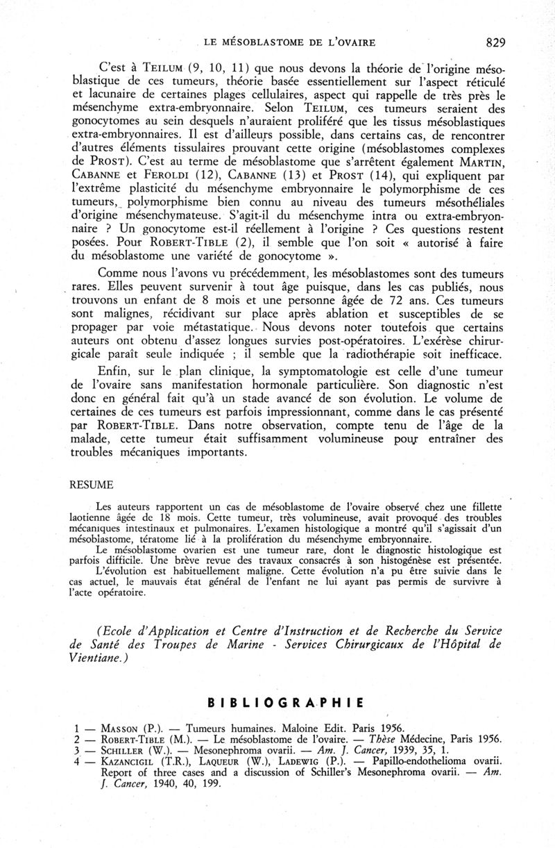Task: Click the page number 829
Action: coord(495,42)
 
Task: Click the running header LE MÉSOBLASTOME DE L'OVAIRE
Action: coord(291,43)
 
